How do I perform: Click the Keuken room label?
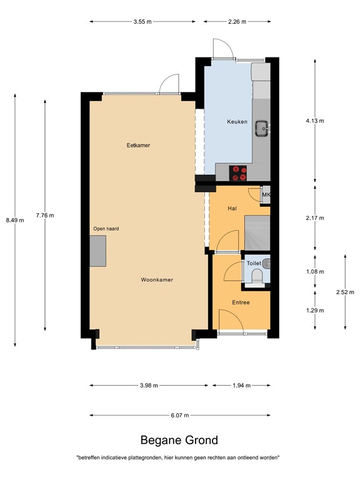click(237, 122)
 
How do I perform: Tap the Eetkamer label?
click(138, 146)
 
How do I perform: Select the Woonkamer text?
click(157, 280)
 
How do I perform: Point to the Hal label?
click(232, 208)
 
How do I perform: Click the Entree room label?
click(241, 302)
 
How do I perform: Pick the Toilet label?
click(254, 264)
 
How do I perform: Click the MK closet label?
click(266, 196)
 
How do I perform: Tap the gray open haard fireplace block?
click(98, 251)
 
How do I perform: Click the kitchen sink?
click(262, 129)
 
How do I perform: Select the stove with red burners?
click(238, 172)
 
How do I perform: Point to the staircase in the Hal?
click(256, 232)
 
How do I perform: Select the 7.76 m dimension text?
click(45, 216)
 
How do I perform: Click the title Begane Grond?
click(179, 440)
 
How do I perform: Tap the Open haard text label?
click(106, 229)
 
